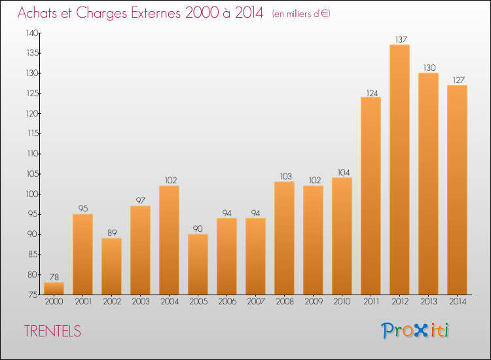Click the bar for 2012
tap(399, 170)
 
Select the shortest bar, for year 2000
tap(54, 288)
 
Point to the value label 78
tap(54, 277)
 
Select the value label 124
tap(371, 92)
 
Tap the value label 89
tap(111, 232)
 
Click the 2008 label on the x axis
tap(284, 302)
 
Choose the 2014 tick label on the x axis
tap(457, 302)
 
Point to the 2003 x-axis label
tap(140, 302)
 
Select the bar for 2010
tap(342, 236)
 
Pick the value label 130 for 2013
tap(428, 68)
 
